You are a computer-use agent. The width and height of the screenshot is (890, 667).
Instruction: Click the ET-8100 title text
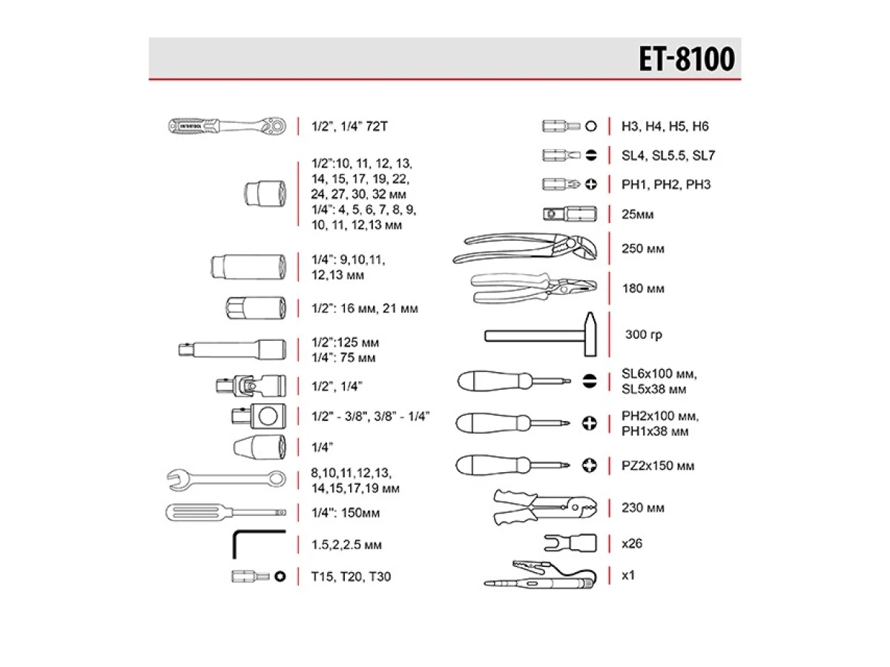click(x=686, y=59)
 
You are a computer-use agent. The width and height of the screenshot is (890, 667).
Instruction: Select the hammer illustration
click(x=541, y=335)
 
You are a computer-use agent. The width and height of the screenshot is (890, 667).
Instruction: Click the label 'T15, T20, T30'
click(x=351, y=576)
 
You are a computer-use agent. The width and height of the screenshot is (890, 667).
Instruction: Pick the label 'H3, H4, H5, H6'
click(x=665, y=127)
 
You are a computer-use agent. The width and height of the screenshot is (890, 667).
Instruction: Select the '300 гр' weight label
click(x=643, y=335)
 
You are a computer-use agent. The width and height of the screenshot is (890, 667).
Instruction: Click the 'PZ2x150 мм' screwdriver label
click(x=659, y=466)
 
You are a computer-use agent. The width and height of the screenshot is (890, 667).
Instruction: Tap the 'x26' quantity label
click(x=632, y=543)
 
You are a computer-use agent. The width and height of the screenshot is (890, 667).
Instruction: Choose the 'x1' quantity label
click(x=629, y=575)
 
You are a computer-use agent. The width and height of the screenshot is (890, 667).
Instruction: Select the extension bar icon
click(x=231, y=348)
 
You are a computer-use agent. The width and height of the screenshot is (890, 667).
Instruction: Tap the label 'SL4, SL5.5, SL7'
click(x=667, y=156)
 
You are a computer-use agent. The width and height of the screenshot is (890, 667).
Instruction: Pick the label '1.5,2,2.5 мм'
click(x=347, y=545)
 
